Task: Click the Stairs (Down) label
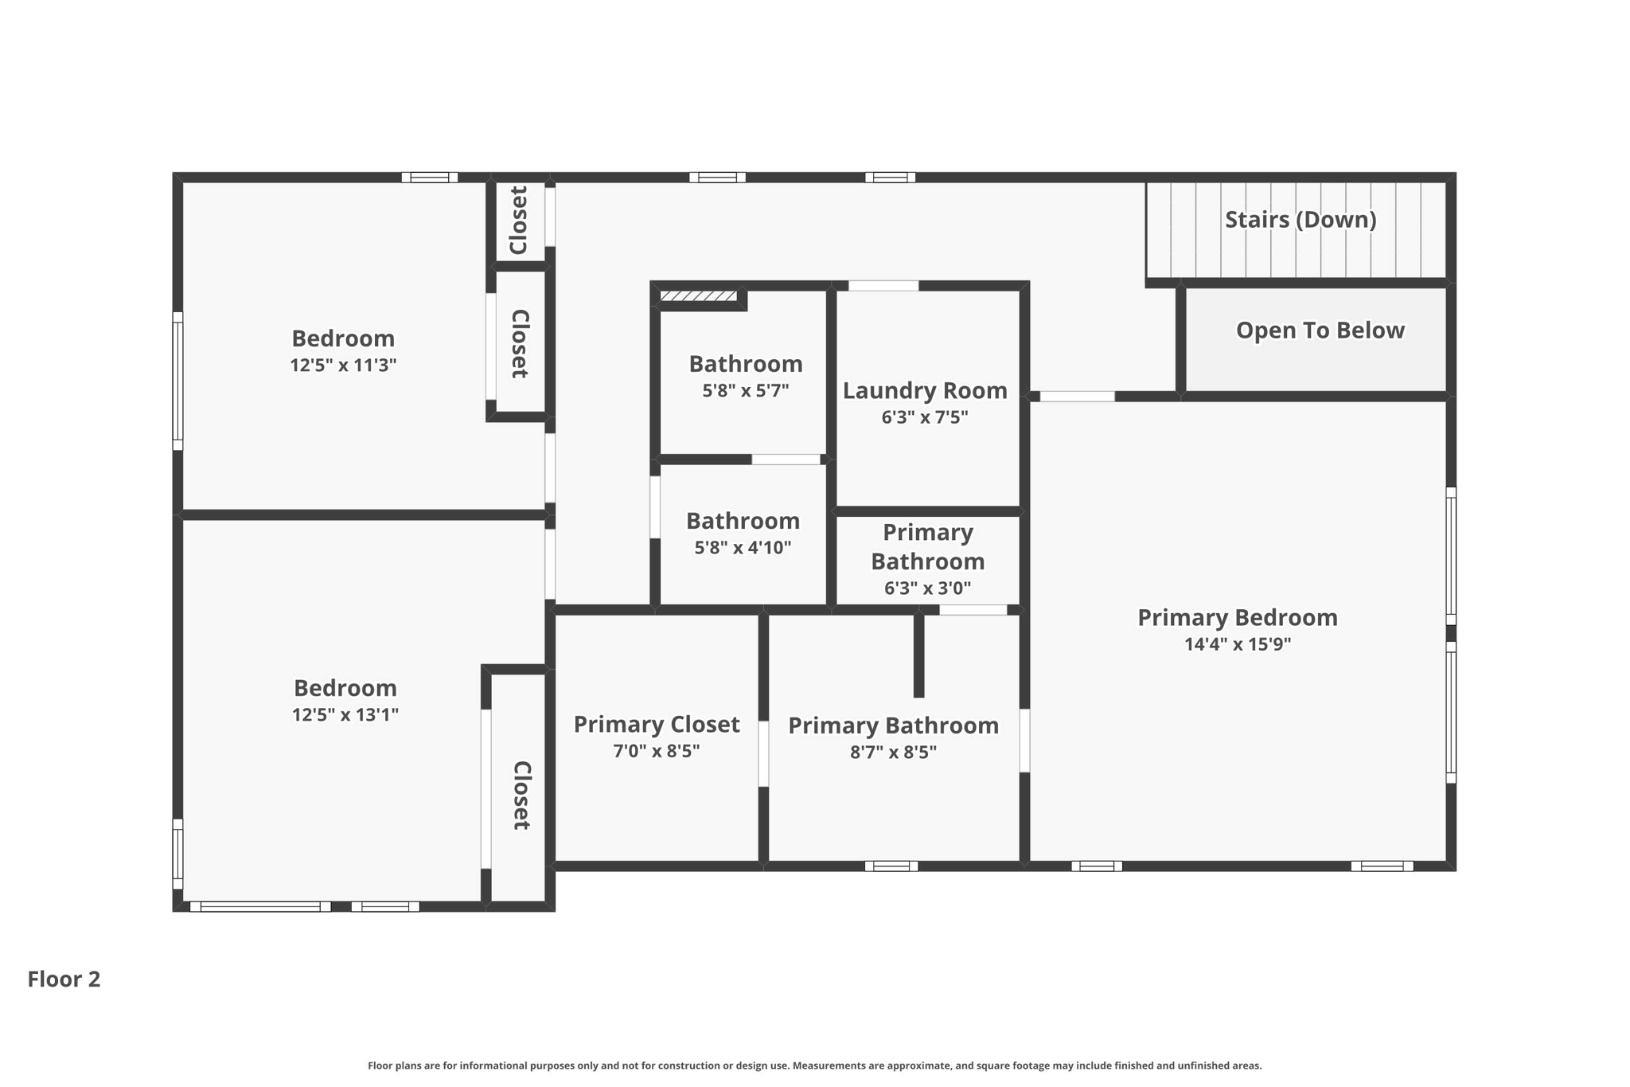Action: click(1300, 220)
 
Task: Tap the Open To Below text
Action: click(1320, 330)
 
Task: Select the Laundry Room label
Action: click(924, 391)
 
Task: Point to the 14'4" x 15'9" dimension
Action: click(1237, 644)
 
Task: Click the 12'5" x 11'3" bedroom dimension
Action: click(343, 366)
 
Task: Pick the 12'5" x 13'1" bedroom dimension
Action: click(345, 715)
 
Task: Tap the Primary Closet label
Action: click(656, 725)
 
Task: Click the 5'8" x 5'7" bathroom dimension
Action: click(745, 391)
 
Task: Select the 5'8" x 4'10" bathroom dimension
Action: click(743, 548)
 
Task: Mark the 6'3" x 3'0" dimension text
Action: click(927, 588)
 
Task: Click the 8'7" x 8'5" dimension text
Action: click(893, 753)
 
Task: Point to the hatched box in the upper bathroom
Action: click(698, 296)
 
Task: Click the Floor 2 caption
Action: click(64, 979)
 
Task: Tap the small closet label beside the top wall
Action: click(519, 221)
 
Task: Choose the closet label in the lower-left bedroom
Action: click(521, 796)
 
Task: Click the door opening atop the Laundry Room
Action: click(883, 286)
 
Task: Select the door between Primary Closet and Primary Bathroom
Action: click(763, 753)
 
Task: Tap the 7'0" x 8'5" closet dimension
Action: click(656, 751)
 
